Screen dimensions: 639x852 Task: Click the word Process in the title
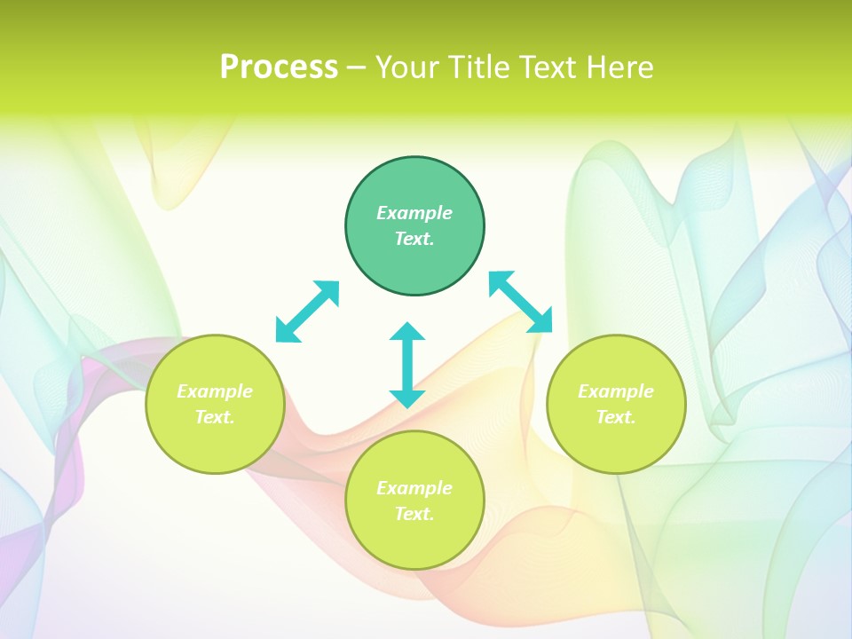(279, 67)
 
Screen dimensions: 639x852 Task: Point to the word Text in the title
(552, 67)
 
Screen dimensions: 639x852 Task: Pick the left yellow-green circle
(215, 444)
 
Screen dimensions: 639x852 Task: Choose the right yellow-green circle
(616, 444)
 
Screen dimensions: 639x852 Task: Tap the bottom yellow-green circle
(414, 541)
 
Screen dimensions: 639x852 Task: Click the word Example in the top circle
(414, 213)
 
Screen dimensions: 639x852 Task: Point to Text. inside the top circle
(414, 239)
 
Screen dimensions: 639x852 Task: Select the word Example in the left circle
(215, 391)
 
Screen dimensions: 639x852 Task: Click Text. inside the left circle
(215, 417)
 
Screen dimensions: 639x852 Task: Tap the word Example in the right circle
(616, 391)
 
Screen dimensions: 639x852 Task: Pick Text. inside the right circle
(616, 417)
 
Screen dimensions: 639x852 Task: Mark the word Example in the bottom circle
(414, 488)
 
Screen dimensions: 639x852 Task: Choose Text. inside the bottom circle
(414, 514)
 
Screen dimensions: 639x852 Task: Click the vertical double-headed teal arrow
(407, 365)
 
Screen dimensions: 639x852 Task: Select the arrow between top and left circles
(307, 311)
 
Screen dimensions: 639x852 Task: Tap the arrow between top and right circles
(521, 302)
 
